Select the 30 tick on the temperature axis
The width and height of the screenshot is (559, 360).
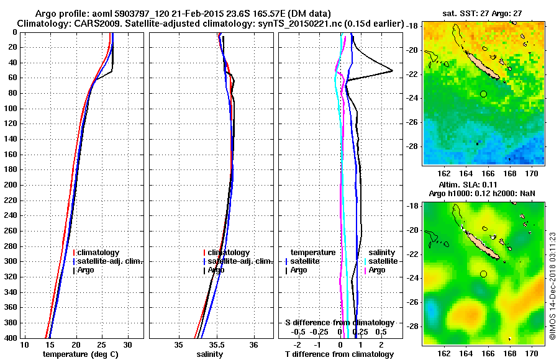128,344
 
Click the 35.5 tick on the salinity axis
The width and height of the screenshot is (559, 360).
216,344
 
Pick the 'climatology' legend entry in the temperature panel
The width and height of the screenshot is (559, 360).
99,253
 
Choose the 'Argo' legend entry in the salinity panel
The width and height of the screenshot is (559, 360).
217,270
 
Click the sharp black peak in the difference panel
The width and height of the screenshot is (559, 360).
391,70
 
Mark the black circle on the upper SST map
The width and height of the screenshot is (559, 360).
483,94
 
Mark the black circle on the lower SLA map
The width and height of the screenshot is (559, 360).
483,274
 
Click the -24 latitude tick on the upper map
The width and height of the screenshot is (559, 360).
412,98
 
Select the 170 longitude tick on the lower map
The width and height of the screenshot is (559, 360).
532,353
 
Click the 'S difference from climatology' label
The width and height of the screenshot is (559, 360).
339,323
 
